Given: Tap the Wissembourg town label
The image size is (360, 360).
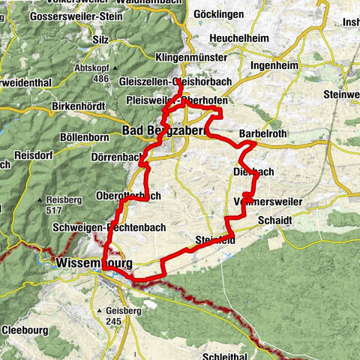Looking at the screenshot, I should coord(94,264).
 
